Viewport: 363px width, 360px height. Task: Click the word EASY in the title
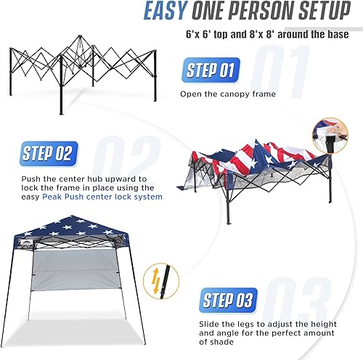pyautogui.click(x=170, y=12)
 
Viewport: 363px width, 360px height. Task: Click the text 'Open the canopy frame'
pyautogui.click(x=225, y=94)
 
